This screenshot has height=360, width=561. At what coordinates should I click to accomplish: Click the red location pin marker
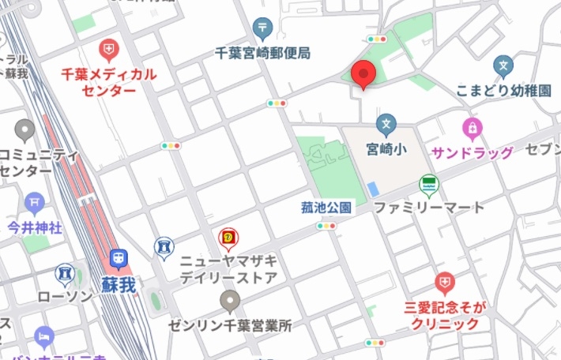[363, 74]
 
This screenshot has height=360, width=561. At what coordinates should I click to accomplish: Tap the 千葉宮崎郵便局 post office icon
[263, 30]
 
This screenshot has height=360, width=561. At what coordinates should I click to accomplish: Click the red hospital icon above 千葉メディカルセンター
[108, 51]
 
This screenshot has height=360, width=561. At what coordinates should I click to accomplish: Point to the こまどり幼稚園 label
[503, 91]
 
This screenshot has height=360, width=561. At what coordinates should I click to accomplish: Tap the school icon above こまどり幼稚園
[503, 66]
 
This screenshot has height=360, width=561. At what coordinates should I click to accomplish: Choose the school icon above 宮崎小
[386, 123]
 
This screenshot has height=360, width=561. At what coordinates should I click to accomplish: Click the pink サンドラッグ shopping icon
[472, 126]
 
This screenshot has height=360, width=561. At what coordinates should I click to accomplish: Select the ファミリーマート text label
[428, 208]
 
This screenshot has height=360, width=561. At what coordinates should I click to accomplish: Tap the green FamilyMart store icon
[429, 185]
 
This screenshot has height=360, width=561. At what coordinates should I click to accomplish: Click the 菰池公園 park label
[326, 208]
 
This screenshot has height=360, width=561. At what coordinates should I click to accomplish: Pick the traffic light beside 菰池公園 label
[326, 226]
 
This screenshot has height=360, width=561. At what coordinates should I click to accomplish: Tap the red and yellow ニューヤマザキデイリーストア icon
[228, 236]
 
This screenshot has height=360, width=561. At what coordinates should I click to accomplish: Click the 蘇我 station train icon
[119, 257]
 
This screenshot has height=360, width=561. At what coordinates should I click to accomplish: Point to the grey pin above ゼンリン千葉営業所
[230, 300]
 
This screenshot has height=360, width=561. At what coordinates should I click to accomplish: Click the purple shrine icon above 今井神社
[34, 203]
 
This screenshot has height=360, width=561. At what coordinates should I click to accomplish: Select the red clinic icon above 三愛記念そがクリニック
[446, 282]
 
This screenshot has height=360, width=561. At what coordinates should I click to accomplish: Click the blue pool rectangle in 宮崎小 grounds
[372, 189]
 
